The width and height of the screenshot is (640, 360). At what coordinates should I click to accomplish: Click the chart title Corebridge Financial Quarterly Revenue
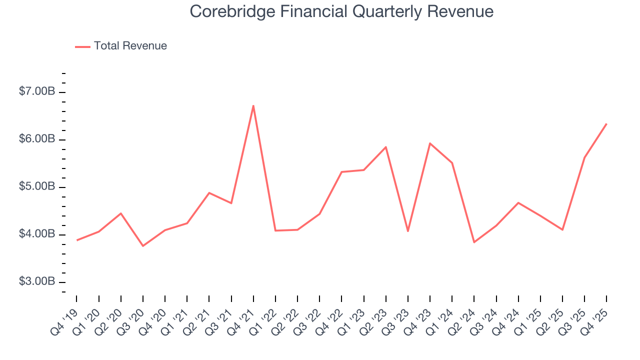pyautogui.click(x=341, y=11)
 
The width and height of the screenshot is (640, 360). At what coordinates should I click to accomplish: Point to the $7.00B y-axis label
pyautogui.click(x=37, y=92)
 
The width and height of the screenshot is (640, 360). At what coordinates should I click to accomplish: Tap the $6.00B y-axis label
pyautogui.click(x=37, y=139)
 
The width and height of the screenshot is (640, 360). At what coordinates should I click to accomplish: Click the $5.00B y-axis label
pyautogui.click(x=37, y=187)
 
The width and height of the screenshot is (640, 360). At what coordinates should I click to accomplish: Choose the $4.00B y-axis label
pyautogui.click(x=37, y=234)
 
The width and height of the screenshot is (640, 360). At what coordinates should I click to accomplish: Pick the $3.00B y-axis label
pyautogui.click(x=37, y=282)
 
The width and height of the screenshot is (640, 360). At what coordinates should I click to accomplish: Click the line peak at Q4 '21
pyautogui.click(x=253, y=105)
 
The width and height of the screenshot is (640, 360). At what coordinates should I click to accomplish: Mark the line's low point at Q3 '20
pyautogui.click(x=143, y=245)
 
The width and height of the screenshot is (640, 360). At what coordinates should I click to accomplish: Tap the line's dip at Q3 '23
pyautogui.click(x=408, y=231)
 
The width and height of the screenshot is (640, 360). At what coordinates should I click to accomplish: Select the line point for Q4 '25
pyautogui.click(x=606, y=124)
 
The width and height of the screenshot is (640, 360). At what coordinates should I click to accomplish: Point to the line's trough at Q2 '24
pyautogui.click(x=474, y=242)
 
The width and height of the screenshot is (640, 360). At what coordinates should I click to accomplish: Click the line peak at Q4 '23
pyautogui.click(x=430, y=143)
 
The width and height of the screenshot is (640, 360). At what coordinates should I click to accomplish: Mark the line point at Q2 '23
pyautogui.click(x=386, y=147)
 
